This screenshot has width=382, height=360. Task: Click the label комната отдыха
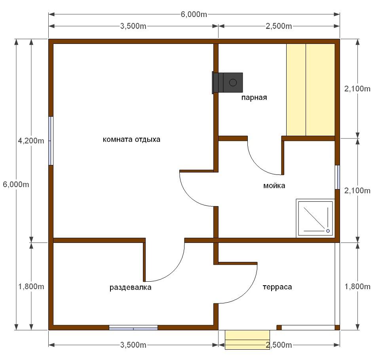point(131,140)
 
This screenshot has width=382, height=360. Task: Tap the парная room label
point(254,98)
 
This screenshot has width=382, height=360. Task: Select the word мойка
point(274,186)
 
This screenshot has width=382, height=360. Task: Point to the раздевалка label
point(130,288)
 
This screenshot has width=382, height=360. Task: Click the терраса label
point(277,287)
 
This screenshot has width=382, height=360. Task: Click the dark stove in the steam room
point(228,83)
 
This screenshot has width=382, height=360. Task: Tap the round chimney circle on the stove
point(233,83)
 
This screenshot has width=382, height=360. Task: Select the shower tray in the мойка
point(315,218)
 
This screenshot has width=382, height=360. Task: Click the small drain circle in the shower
point(328,231)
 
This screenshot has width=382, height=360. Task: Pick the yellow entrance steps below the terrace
point(247,340)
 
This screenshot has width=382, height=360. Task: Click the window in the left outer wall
point(51,141)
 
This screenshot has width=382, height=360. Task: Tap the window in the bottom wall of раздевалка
point(133,328)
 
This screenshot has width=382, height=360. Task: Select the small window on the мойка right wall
point(337,177)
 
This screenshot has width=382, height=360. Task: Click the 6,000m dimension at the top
point(194,14)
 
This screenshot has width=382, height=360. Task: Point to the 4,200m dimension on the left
point(31,141)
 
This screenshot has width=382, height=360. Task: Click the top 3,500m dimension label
point(133,26)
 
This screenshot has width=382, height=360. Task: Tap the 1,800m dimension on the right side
point(357,286)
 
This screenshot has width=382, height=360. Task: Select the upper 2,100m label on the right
point(357,89)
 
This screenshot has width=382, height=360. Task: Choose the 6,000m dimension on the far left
point(16,184)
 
